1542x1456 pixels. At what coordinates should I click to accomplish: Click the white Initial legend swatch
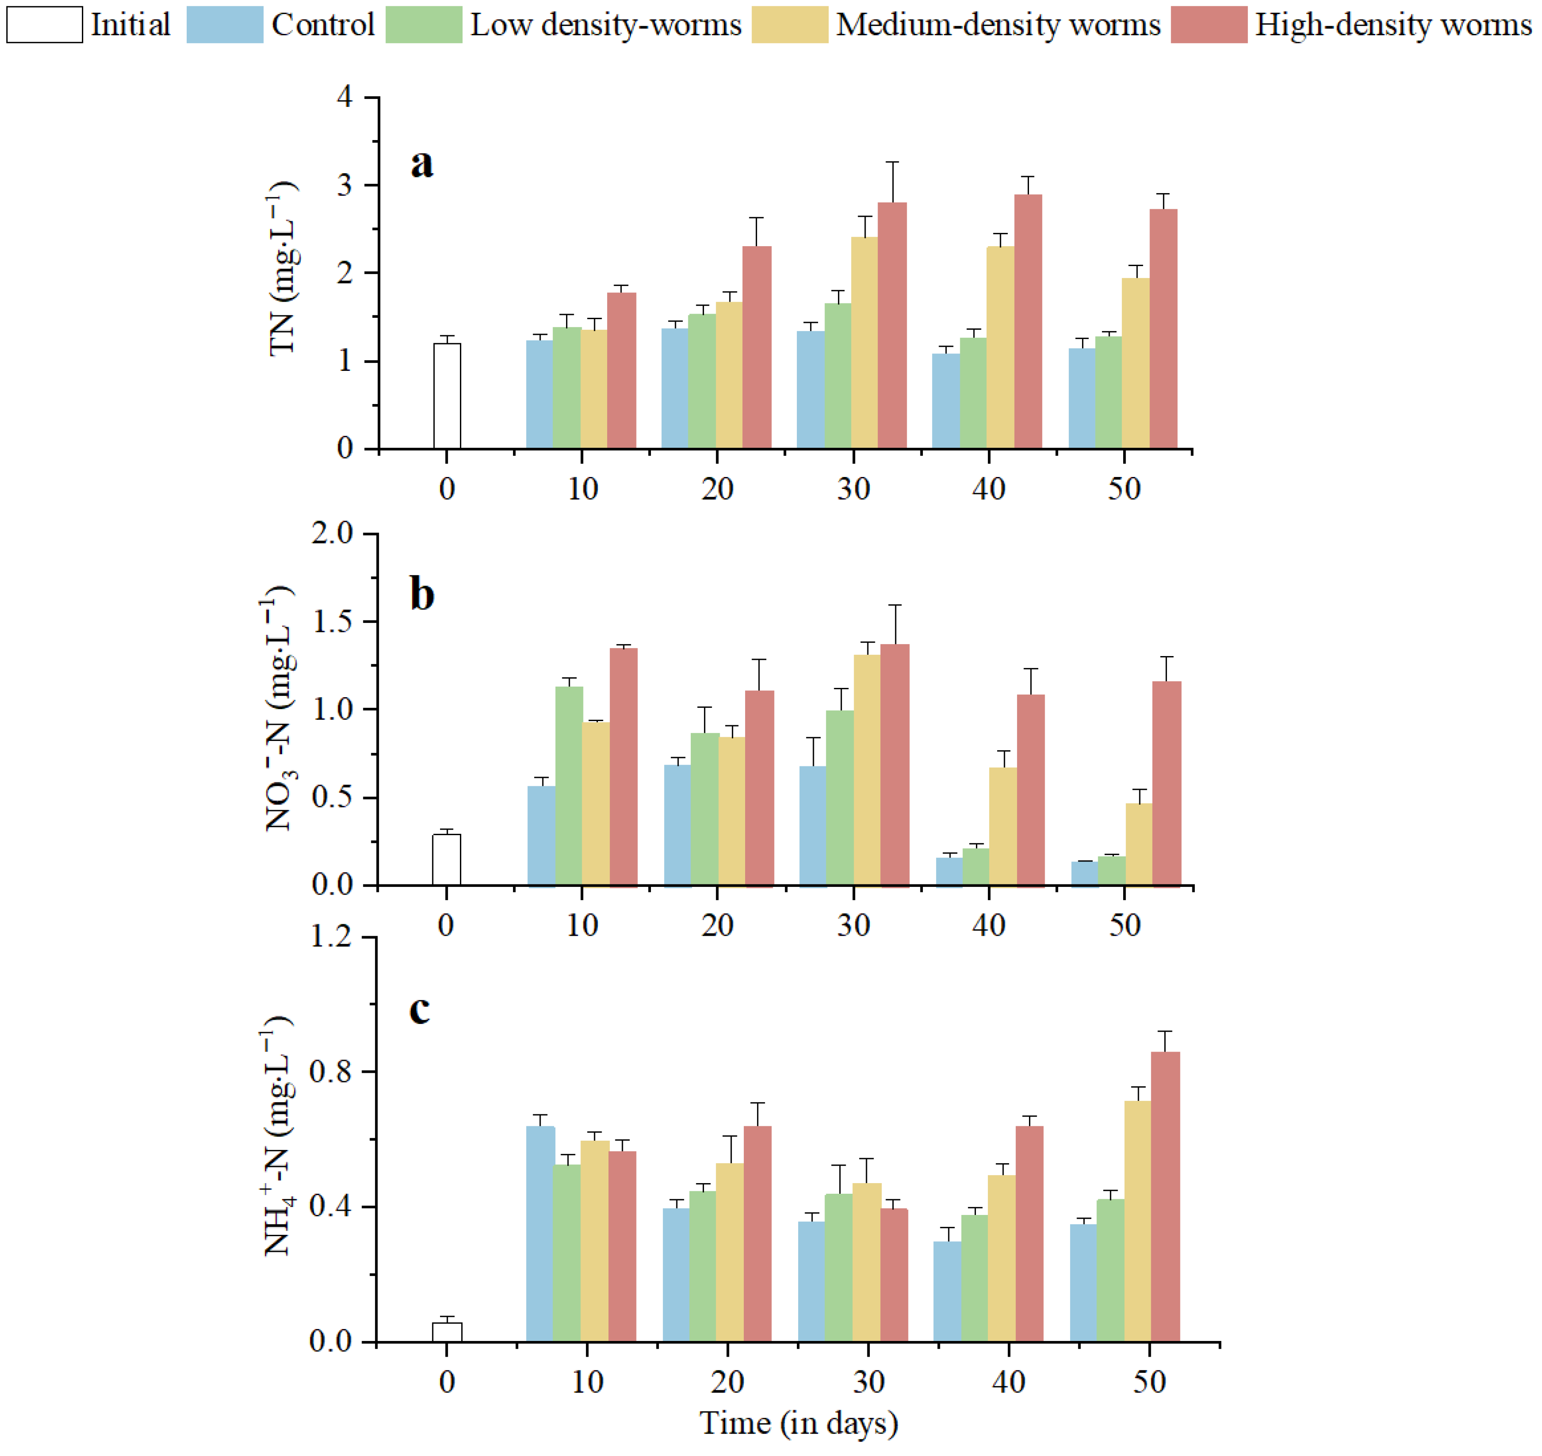pos(44,25)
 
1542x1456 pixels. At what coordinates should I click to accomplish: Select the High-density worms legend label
pos(1393,25)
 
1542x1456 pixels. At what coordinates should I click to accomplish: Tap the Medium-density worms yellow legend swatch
pos(789,25)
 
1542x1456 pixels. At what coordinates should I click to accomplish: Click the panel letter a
pos(421,163)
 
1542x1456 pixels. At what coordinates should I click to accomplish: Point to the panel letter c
pos(419,1009)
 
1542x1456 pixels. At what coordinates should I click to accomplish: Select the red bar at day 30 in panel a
pos(892,326)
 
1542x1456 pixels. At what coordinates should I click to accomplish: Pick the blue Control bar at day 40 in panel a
pos(945,401)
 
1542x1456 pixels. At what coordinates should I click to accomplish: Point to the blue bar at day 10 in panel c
pos(540,1234)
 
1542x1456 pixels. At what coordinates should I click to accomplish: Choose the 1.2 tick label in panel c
pos(331,937)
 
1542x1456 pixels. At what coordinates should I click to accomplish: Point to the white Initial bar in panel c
pos(447,1332)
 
